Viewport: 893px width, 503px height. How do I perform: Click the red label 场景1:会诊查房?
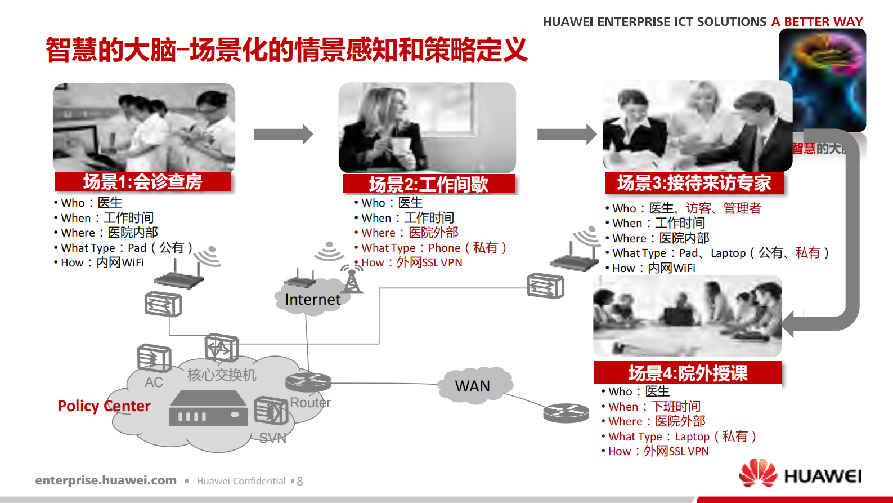[143, 182]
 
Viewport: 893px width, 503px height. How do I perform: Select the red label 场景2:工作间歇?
[429, 184]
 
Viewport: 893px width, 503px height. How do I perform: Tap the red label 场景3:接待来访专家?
[694, 183]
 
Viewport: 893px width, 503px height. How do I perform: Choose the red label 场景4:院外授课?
[688, 373]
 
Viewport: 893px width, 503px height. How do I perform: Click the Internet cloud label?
[312, 300]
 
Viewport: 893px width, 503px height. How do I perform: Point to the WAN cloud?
[473, 386]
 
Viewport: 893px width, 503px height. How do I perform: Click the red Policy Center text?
[104, 406]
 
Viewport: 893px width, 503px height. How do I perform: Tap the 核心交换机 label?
[222, 375]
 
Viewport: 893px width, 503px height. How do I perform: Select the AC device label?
[154, 382]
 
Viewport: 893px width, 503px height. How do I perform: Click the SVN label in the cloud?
[273, 438]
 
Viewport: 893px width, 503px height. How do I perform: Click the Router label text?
[310, 403]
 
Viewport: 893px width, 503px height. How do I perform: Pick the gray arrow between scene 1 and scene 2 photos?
[283, 134]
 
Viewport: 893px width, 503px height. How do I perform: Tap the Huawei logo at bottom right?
[800, 474]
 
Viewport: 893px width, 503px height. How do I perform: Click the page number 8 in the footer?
[300, 482]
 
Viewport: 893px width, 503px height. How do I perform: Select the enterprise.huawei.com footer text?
[106, 480]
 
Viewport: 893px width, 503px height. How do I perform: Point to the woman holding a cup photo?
[427, 127]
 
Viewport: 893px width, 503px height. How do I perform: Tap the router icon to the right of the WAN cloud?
[566, 413]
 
